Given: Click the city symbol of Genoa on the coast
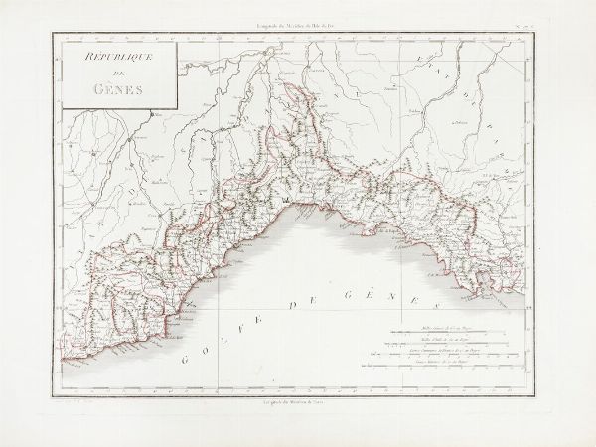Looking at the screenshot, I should coord(287,203).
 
